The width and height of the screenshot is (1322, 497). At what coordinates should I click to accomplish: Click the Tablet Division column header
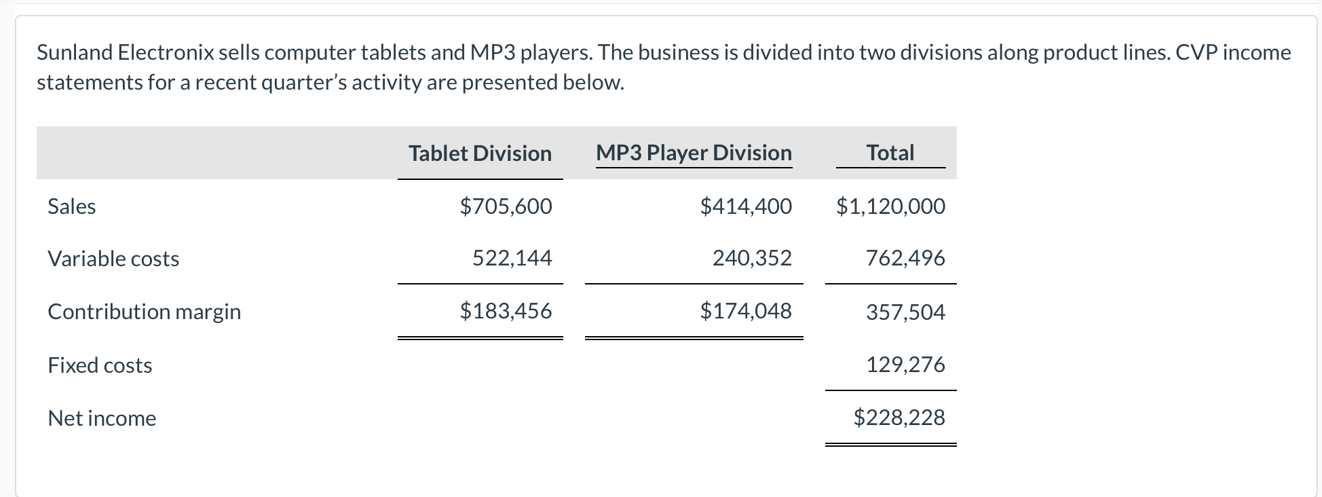pyautogui.click(x=480, y=153)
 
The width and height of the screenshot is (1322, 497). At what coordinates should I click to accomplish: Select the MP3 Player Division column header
pyautogui.click(x=694, y=153)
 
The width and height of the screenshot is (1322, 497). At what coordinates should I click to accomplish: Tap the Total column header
pyautogui.click(x=890, y=153)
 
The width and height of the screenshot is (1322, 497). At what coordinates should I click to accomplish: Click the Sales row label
pyautogui.click(x=72, y=206)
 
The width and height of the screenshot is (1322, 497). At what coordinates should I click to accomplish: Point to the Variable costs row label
pyautogui.click(x=113, y=259)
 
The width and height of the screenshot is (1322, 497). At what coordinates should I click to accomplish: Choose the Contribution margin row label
pyautogui.click(x=144, y=312)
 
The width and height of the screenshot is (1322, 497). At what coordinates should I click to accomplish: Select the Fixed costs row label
pyautogui.click(x=100, y=365)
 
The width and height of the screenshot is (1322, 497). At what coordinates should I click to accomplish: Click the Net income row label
pyautogui.click(x=102, y=418)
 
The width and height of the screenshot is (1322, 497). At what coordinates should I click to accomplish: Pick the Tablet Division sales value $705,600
pyautogui.click(x=506, y=206)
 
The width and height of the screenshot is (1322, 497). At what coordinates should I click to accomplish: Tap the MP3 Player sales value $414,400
pyautogui.click(x=745, y=206)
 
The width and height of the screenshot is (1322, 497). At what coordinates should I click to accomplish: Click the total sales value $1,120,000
pyautogui.click(x=890, y=206)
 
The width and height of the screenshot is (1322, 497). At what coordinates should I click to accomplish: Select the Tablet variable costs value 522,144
pyautogui.click(x=512, y=258)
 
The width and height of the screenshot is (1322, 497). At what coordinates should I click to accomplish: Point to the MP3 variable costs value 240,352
pyautogui.click(x=751, y=258)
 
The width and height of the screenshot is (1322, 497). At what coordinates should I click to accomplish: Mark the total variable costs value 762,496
pyautogui.click(x=905, y=258)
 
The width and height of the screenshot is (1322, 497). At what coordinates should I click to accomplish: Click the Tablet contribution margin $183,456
pyautogui.click(x=506, y=311)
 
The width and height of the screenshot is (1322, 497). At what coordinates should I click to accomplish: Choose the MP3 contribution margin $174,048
pyautogui.click(x=745, y=311)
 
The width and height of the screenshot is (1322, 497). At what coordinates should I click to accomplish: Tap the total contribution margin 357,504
pyautogui.click(x=905, y=312)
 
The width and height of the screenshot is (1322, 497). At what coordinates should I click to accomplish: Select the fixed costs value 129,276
pyautogui.click(x=905, y=365)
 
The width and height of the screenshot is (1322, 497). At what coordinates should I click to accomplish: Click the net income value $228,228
pyautogui.click(x=899, y=417)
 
